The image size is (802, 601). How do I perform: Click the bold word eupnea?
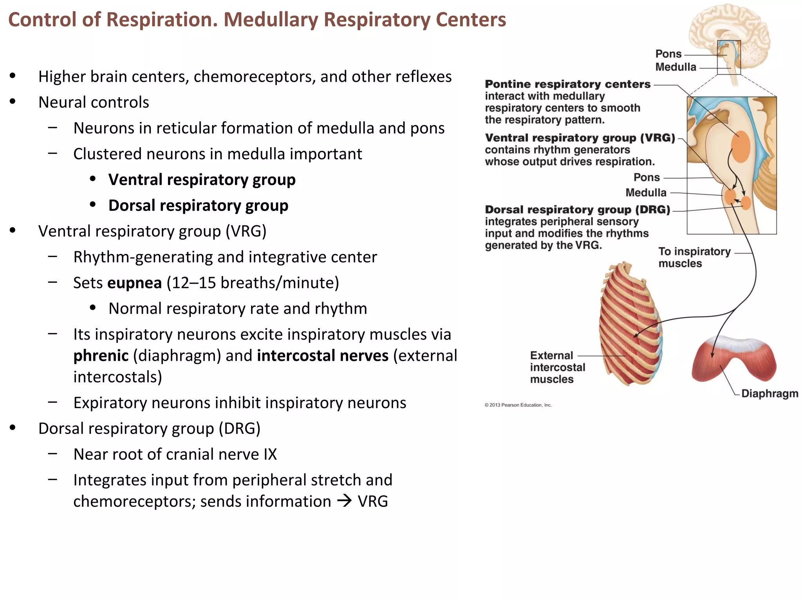[134, 283]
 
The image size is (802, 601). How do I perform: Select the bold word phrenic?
[101, 356]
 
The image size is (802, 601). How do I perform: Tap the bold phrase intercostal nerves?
[323, 356]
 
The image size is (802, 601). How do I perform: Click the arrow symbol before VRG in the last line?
[345, 501]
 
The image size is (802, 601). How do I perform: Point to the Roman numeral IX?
[270, 454]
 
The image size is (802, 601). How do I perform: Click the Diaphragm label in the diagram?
[769, 393]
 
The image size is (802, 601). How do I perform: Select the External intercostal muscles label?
[557, 367]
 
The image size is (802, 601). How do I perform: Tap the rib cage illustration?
[630, 325]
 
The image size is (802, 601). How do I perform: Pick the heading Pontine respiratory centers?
[567, 84]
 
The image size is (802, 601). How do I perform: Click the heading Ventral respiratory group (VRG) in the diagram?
[580, 138]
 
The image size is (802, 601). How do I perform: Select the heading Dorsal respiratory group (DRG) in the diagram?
[578, 210]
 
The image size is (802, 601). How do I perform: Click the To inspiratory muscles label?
[694, 257]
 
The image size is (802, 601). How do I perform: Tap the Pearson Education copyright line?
[518, 405]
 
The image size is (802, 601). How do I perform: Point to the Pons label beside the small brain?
[668, 54]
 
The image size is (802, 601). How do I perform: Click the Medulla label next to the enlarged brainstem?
[646, 193]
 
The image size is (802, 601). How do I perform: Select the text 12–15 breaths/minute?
[253, 283]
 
